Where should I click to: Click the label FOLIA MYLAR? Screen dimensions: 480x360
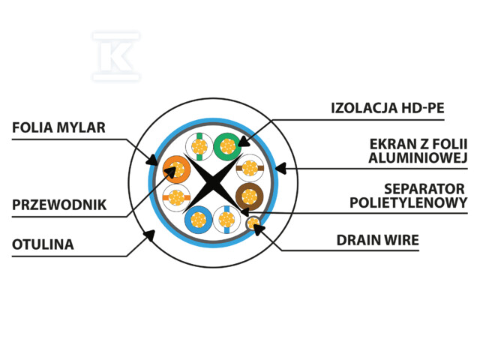[x=58, y=127]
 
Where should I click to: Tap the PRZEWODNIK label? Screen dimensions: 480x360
[x=59, y=205]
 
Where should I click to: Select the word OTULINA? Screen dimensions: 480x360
[x=43, y=244]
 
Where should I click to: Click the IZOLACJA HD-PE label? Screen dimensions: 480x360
[x=388, y=108]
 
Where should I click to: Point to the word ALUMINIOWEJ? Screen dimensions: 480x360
[x=418, y=157]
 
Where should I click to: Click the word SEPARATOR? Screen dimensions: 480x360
[x=424, y=189]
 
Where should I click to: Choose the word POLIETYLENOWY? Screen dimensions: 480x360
[x=408, y=202]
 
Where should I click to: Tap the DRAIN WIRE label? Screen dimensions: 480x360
[x=378, y=240]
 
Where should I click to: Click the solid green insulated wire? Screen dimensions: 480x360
[x=227, y=147]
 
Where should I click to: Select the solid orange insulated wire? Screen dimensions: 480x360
[x=177, y=169]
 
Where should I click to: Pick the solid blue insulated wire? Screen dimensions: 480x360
[x=199, y=220]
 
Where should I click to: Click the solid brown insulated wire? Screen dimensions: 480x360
[x=250, y=196]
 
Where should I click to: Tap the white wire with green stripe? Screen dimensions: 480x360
[x=199, y=147]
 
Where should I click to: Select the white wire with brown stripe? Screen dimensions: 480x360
[x=250, y=168]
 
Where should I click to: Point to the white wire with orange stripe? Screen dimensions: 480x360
[x=176, y=197]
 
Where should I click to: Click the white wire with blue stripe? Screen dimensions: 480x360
[x=226, y=220]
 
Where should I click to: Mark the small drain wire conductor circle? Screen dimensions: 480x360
[x=253, y=223]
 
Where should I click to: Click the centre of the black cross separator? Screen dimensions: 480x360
[x=213, y=183]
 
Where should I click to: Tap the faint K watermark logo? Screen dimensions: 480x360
[x=116, y=56]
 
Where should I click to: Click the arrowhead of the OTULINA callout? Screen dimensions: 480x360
[x=149, y=235]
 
